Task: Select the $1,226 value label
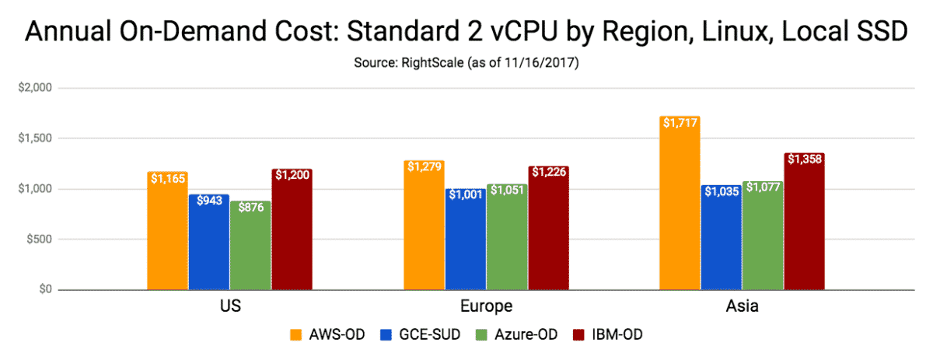point(549,172)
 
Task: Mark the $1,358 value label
point(805,159)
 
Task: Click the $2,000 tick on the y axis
point(33,88)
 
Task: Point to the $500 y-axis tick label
point(37,239)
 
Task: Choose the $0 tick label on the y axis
point(44,290)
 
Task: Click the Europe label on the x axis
point(486,306)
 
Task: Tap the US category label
point(229,306)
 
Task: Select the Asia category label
point(743,306)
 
